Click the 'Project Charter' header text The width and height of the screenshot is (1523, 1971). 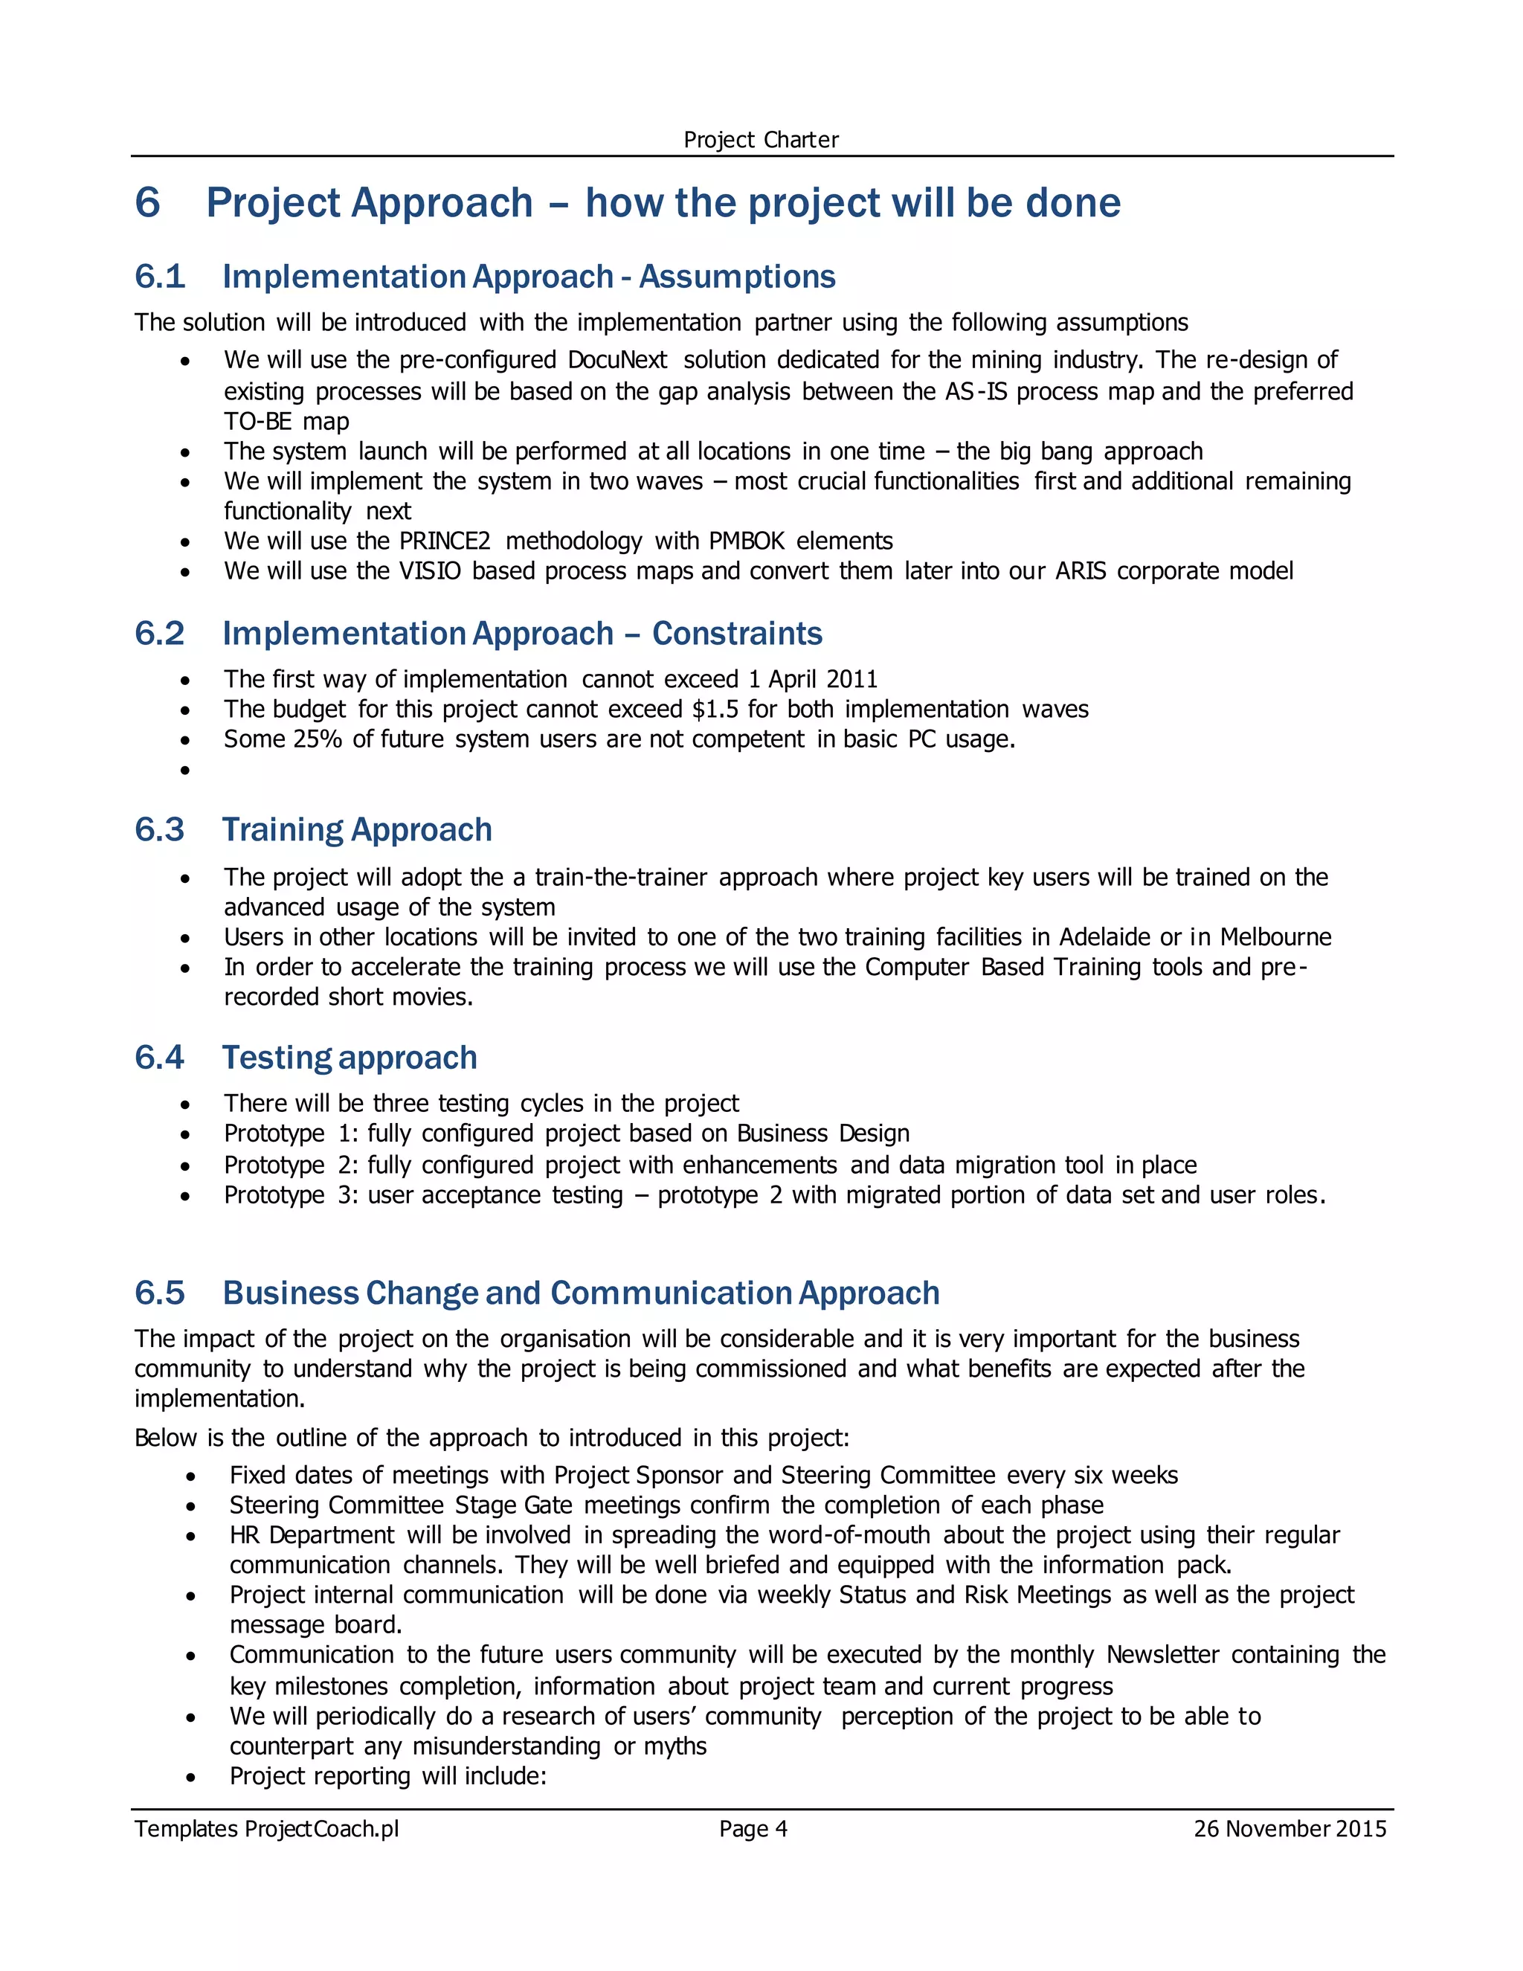tap(761, 140)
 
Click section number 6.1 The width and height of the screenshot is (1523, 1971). tap(160, 276)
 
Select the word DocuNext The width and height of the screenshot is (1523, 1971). tap(617, 360)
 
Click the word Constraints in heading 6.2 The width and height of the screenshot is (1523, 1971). tap(736, 634)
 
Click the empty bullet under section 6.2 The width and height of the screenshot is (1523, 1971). tap(185, 770)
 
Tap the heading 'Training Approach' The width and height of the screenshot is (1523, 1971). tap(357, 829)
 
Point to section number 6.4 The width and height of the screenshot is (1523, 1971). tap(160, 1058)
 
